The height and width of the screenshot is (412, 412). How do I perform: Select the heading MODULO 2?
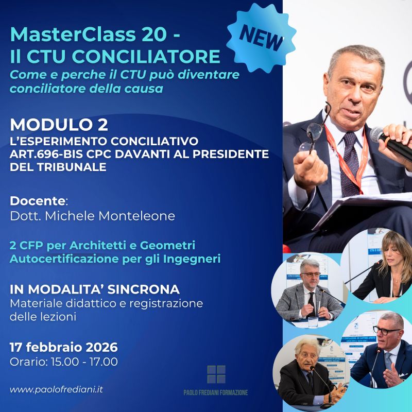click(60, 125)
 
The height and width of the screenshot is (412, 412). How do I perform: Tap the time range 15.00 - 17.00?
click(85, 362)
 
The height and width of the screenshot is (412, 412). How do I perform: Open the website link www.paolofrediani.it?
click(56, 389)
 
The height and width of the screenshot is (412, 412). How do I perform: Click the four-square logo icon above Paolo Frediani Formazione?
click(216, 374)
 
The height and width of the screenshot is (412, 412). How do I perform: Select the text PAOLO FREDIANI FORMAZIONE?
click(216, 392)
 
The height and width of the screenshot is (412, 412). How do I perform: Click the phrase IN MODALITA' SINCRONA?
click(94, 289)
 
